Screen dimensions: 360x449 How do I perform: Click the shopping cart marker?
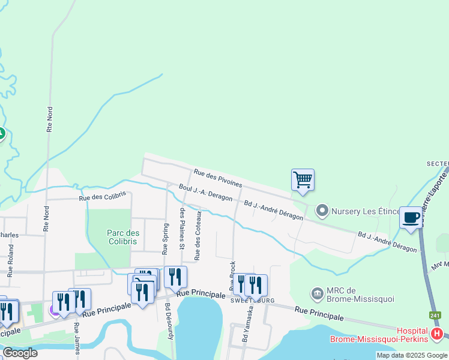coord(303,179)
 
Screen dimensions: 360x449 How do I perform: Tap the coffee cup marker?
coord(411,217)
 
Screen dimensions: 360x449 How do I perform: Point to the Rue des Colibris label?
coord(102,196)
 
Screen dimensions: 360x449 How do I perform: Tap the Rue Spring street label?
coord(164,238)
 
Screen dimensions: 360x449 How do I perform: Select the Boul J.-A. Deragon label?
coord(205,194)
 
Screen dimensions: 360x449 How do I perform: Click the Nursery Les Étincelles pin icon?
coord(322,211)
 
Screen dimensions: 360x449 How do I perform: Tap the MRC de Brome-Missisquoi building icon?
coord(317,293)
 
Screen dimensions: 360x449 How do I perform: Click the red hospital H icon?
coord(437,334)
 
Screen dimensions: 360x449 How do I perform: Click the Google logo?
coord(20,353)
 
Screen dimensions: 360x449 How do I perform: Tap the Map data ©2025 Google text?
coord(412,355)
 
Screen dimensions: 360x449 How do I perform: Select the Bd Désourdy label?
coord(170,322)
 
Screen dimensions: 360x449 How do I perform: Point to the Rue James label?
coord(76,338)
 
